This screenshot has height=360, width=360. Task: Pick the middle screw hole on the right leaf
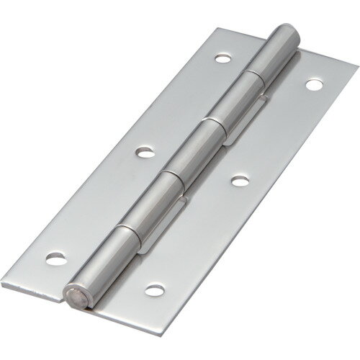(238, 181)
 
